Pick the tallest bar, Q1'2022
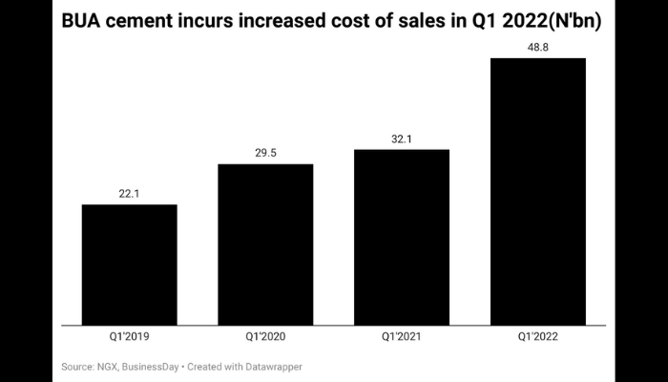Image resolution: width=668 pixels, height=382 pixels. [x=537, y=190]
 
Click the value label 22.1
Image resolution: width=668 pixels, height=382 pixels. [x=129, y=193]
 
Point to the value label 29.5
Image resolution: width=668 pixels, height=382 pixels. [x=265, y=153]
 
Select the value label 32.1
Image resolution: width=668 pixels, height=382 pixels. [x=402, y=138]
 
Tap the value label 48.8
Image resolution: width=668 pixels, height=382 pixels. [x=537, y=46]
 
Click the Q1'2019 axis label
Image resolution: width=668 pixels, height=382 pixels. [x=129, y=337]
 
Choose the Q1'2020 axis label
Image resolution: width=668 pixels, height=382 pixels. [x=265, y=337]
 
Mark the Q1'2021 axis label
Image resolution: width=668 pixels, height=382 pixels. [x=402, y=337]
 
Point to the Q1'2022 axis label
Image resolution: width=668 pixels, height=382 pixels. [x=537, y=337]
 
